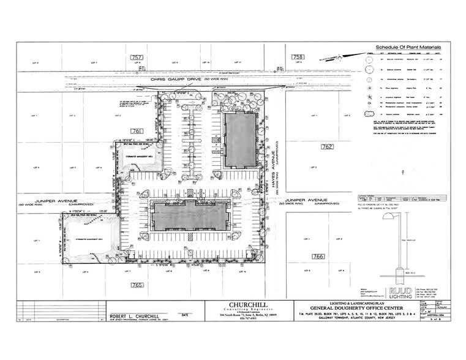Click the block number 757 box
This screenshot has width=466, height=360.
pos(137,57)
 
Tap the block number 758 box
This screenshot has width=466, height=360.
pos(298,57)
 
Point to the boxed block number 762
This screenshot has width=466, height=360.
pos(328,147)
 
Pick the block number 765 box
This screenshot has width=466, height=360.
pos(137,285)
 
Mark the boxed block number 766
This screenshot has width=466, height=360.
pos(318,256)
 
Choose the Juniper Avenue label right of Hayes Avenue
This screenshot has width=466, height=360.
pos(303,200)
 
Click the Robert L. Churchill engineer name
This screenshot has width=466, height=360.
pos(135,317)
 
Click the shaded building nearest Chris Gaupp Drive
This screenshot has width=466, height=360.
pos(238,140)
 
